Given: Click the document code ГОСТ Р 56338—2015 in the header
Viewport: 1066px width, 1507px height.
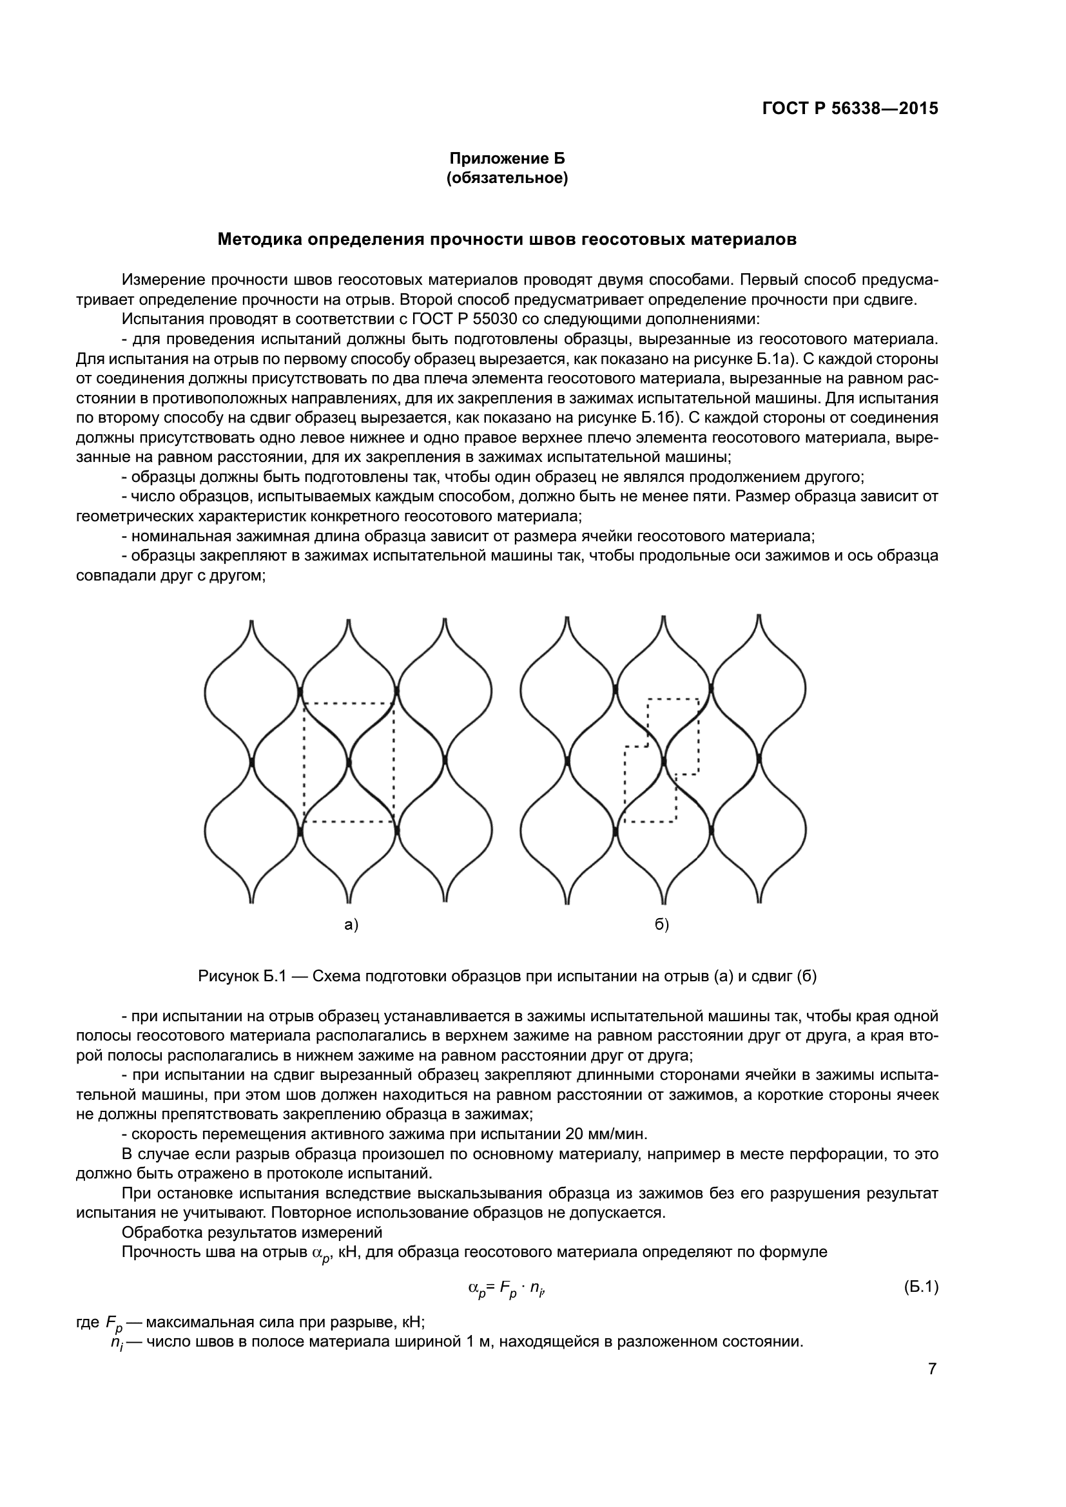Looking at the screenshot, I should (x=850, y=109).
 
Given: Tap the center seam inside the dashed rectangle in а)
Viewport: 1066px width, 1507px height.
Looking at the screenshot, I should (x=349, y=762).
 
